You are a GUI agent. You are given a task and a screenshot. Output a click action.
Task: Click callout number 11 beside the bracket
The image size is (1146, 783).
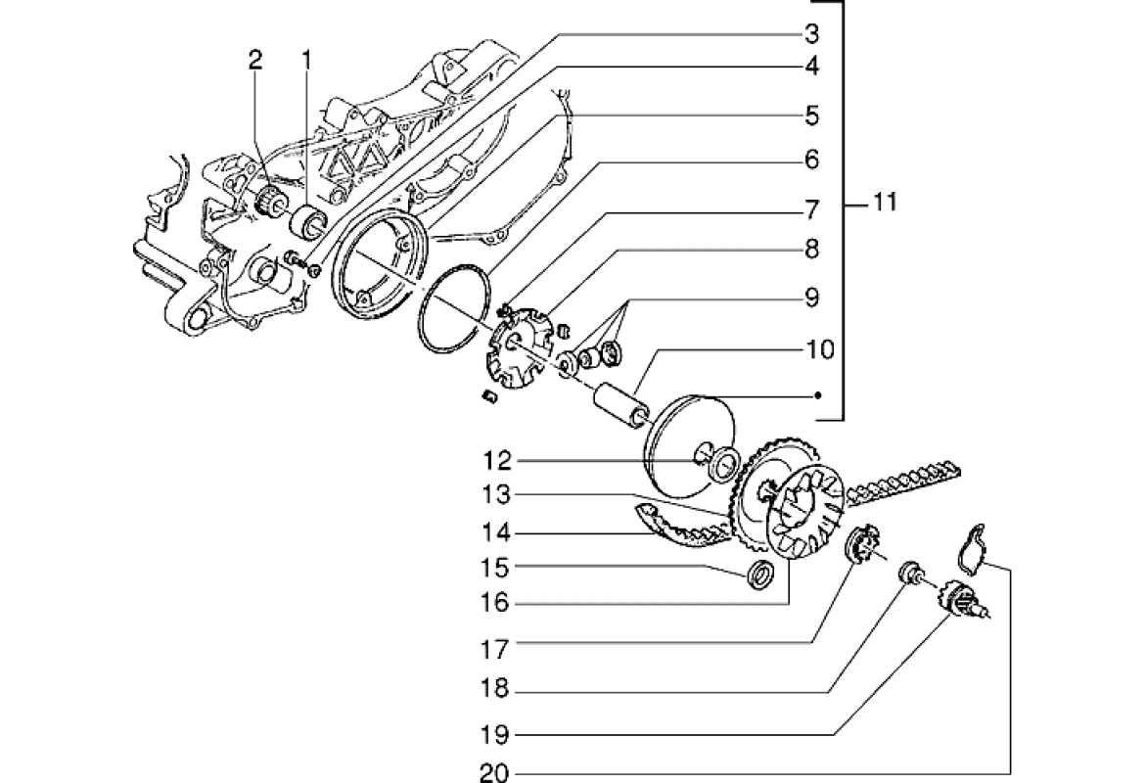point(884,205)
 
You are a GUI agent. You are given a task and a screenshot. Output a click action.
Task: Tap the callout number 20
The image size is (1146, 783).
point(495,773)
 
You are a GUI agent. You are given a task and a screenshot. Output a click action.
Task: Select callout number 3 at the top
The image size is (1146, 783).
point(811,35)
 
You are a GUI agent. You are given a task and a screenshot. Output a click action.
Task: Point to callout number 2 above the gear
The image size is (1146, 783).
point(255,60)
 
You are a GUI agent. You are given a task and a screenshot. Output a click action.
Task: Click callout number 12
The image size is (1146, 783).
point(495,460)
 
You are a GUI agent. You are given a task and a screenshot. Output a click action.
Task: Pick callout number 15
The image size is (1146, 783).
point(495,567)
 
